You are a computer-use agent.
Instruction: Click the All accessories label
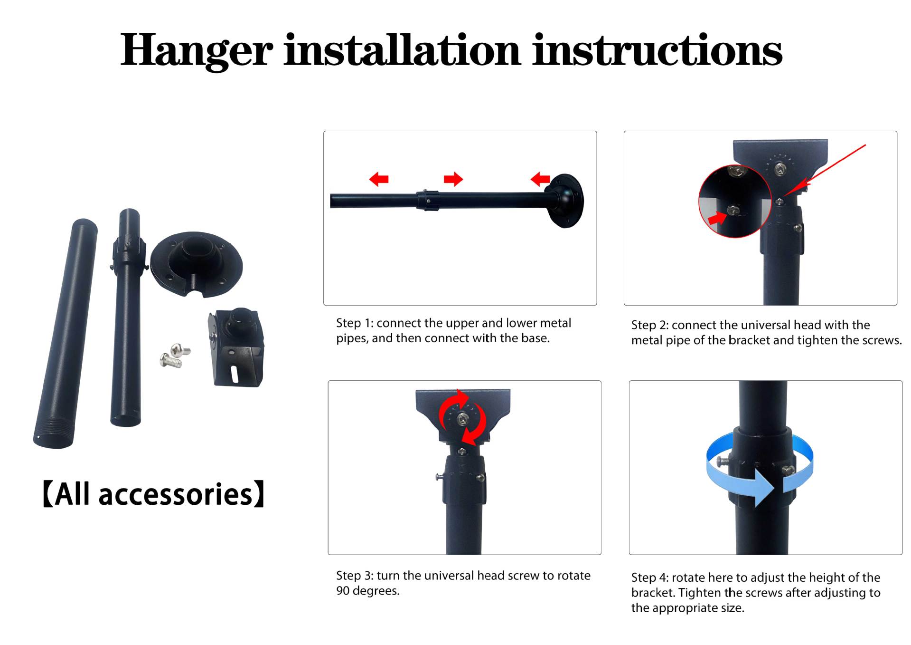(x=153, y=494)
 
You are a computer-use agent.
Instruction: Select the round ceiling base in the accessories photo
(x=197, y=264)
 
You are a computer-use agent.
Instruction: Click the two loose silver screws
(x=175, y=356)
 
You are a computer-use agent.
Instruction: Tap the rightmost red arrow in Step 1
(x=540, y=180)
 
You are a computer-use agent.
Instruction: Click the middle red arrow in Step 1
(x=453, y=179)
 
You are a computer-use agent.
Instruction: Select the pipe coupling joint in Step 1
(x=428, y=200)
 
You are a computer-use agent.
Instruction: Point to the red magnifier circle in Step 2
(x=735, y=201)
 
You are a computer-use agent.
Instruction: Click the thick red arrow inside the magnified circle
(x=717, y=218)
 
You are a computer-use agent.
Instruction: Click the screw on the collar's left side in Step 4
(x=723, y=461)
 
